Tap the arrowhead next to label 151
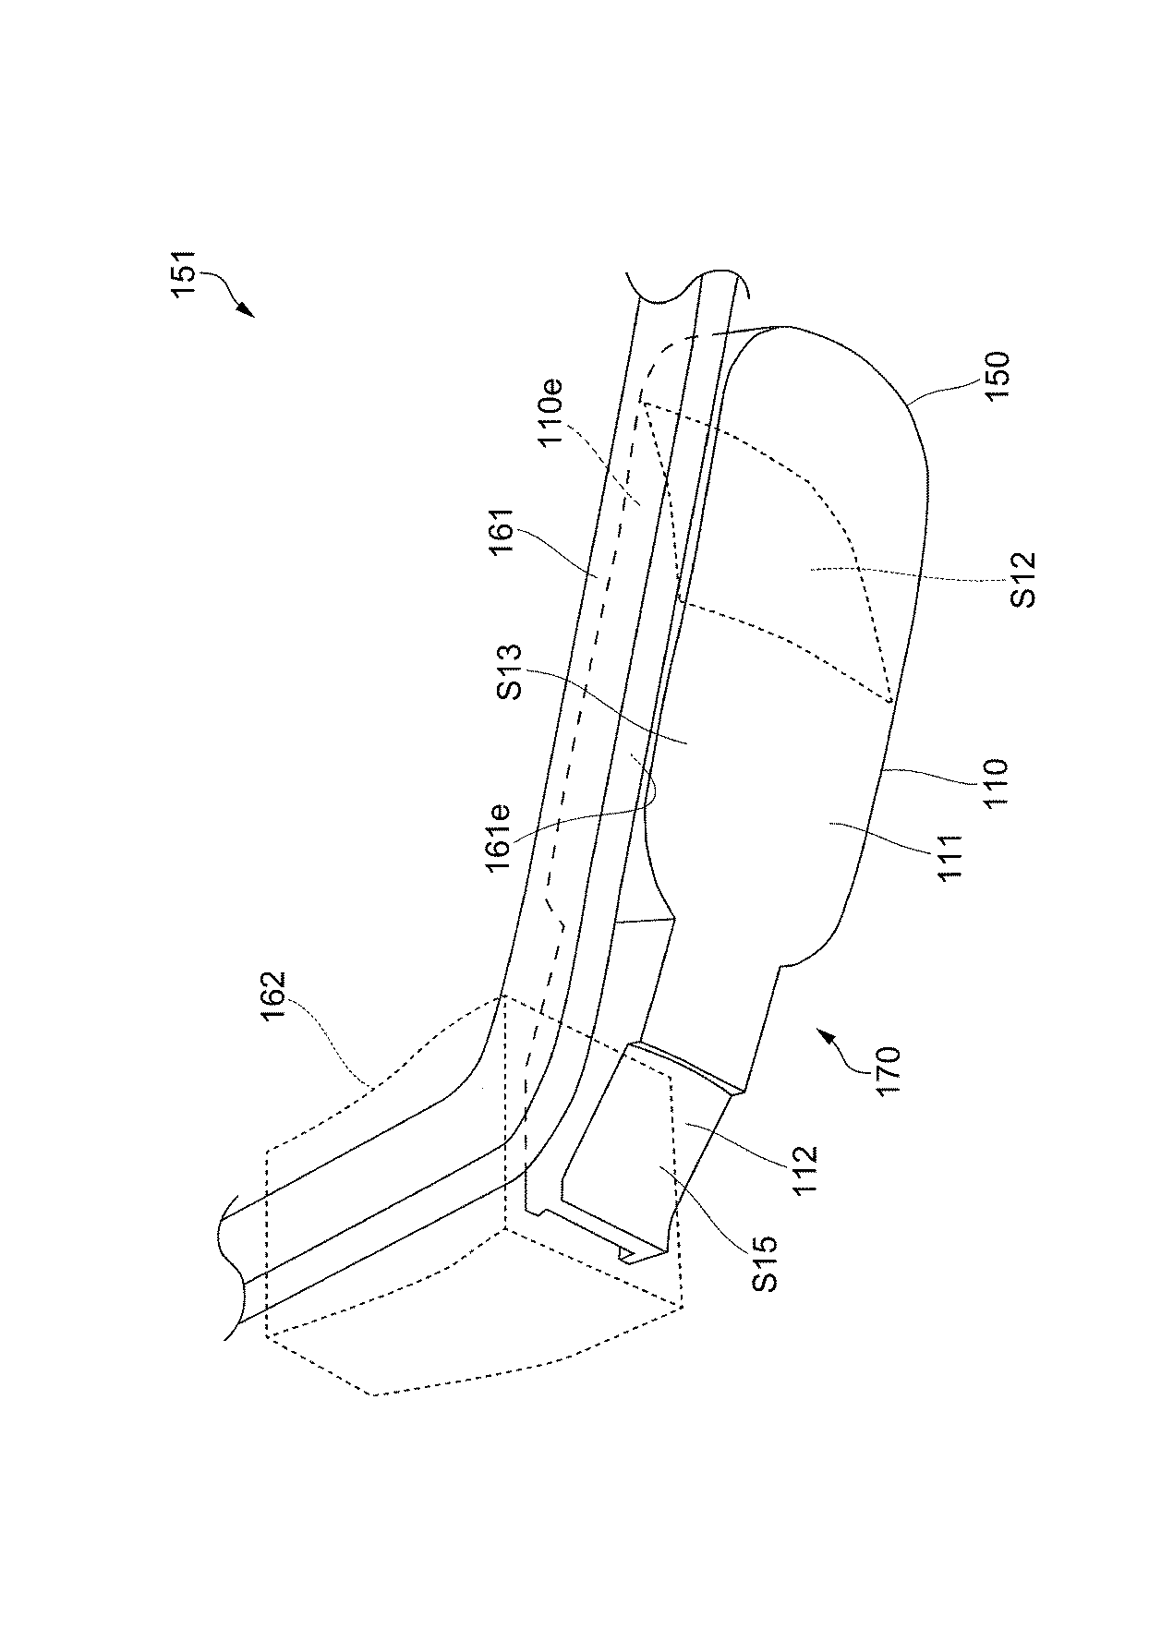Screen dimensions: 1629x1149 click(247, 311)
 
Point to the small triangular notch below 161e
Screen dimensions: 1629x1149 click(647, 919)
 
